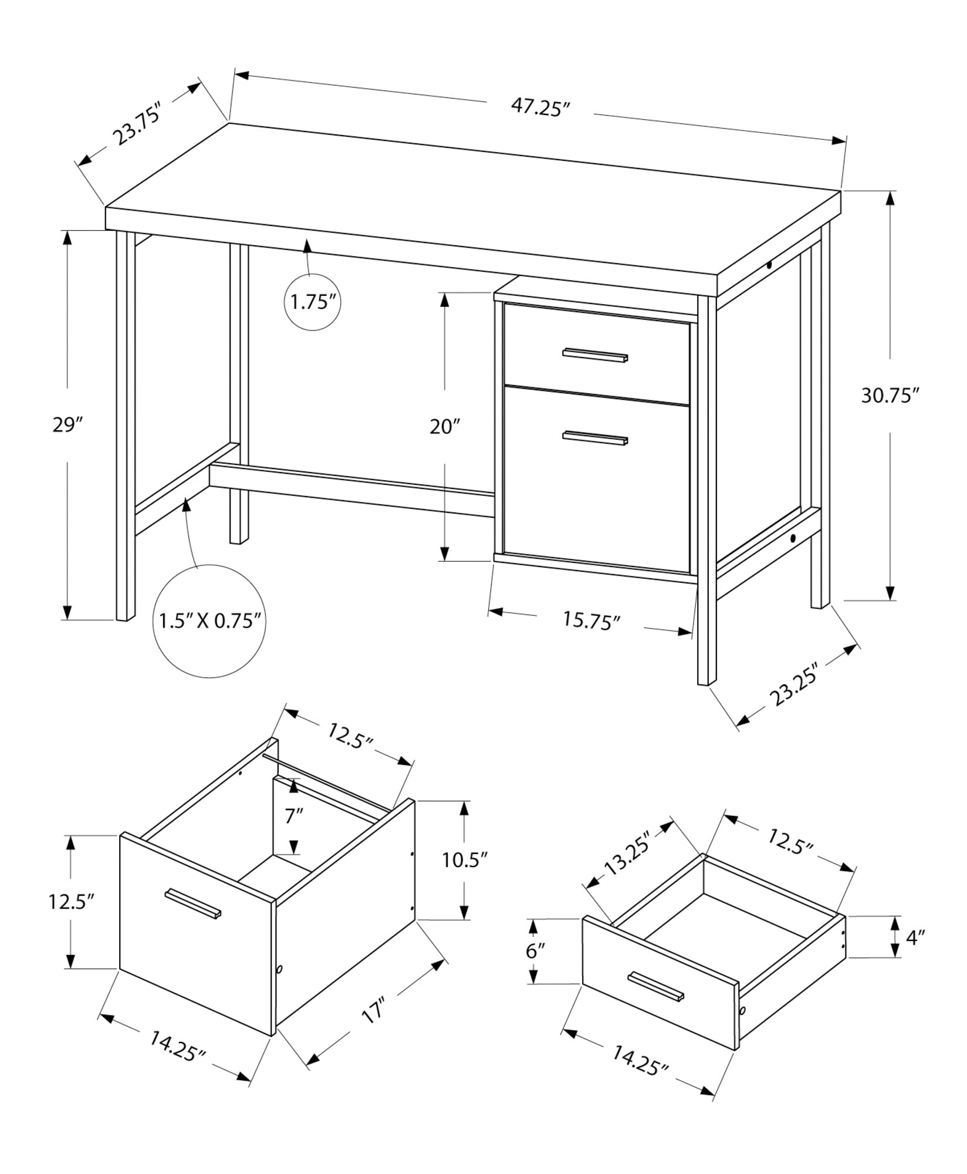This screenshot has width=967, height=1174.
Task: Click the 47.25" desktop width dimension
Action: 540,107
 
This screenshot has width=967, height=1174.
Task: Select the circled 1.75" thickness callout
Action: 313,303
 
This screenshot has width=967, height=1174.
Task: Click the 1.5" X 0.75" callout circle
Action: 209,621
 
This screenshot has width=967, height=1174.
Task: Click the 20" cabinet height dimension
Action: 445,427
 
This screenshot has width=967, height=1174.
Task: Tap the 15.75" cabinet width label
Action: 591,620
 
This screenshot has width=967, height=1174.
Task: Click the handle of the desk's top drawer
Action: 595,355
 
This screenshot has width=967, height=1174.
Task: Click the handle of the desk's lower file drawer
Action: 595,438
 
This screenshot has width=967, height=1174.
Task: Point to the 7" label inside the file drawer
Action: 294,816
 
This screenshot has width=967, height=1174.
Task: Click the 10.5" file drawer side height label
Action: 465,861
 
